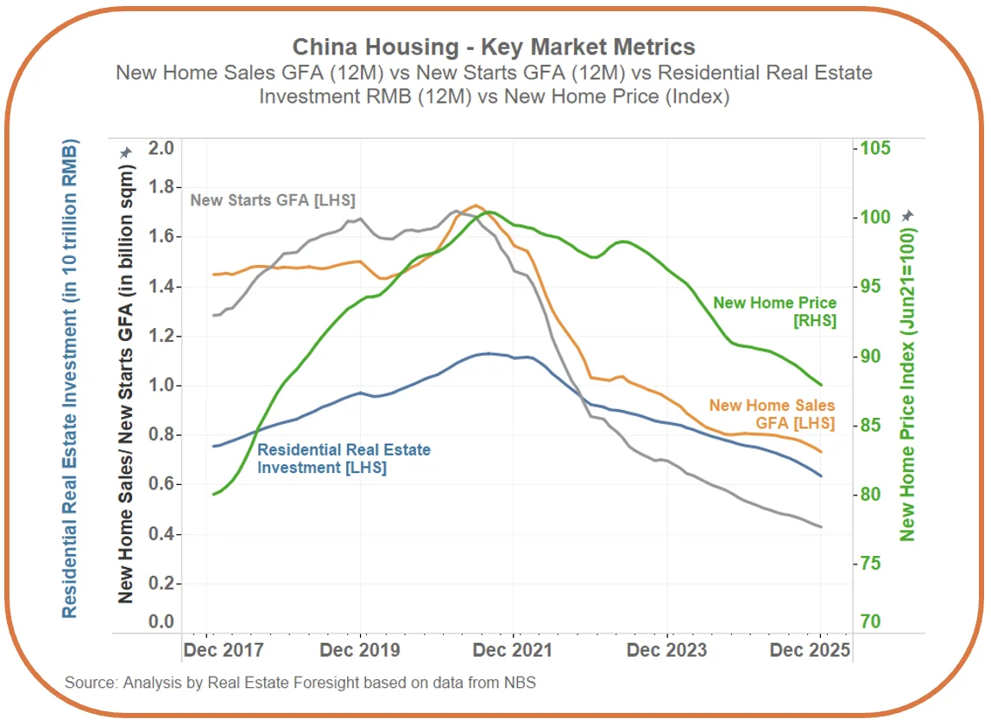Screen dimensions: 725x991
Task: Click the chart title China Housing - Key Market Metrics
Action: click(494, 47)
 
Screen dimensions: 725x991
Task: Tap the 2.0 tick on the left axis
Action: click(161, 148)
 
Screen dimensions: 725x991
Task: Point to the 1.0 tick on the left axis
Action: click(161, 386)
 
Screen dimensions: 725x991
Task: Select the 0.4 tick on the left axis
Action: click(161, 535)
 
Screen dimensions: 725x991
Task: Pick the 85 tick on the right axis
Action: click(869, 426)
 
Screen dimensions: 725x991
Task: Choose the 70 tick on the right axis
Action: click(869, 621)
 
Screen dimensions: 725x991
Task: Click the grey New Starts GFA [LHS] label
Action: click(273, 200)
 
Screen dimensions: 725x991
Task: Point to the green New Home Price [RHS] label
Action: click(774, 312)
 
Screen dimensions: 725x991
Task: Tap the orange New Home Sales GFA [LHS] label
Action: click(772, 414)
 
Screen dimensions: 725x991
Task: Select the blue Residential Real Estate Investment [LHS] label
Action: click(344, 458)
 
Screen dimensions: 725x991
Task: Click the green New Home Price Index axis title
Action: click(907, 384)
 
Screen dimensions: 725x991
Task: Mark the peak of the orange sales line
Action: click(475, 205)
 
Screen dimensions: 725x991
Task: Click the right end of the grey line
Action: click(821, 526)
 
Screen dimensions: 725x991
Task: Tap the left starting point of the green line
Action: click(212, 495)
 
